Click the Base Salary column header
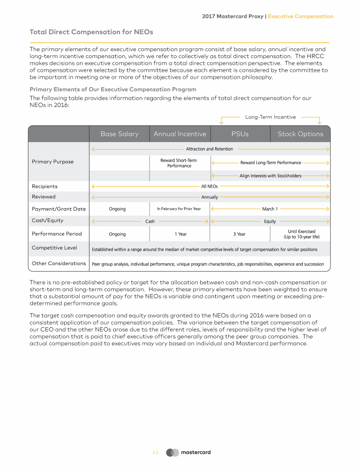click(120, 134)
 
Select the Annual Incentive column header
click(180, 134)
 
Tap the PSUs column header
click(240, 134)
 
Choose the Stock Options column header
click(300, 134)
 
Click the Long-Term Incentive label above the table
click(270, 117)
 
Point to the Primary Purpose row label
click(52, 162)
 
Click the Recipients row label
click(45, 187)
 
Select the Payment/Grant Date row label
click(59, 209)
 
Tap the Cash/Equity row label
click(47, 220)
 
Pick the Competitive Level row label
click(54, 248)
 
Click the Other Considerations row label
click(59, 264)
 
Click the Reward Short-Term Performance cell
click(179, 163)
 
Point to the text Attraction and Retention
click(210, 149)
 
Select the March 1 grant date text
click(270, 209)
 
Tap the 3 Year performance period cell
click(239, 234)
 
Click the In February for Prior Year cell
click(179, 209)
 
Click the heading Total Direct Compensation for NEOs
click(91, 32)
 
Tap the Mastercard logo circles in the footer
click(172, 453)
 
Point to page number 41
click(156, 453)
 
